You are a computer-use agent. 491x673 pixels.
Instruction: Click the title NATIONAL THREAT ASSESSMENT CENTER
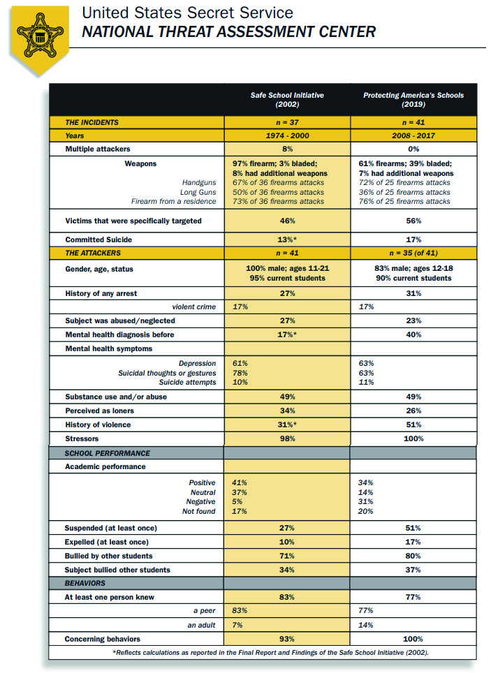(228, 31)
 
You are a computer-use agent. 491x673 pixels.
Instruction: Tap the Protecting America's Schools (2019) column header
(413, 99)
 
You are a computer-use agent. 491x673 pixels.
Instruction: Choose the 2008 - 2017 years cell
(413, 136)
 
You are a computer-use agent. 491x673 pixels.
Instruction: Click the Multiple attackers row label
(98, 149)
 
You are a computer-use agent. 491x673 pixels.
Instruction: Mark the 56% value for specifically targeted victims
(413, 221)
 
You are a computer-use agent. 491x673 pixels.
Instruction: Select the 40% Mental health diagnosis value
(413, 334)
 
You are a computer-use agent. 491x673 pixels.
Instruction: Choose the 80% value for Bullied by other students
(413, 556)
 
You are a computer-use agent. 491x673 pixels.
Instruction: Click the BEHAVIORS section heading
(85, 582)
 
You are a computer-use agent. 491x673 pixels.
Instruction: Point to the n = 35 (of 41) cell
(413, 253)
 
